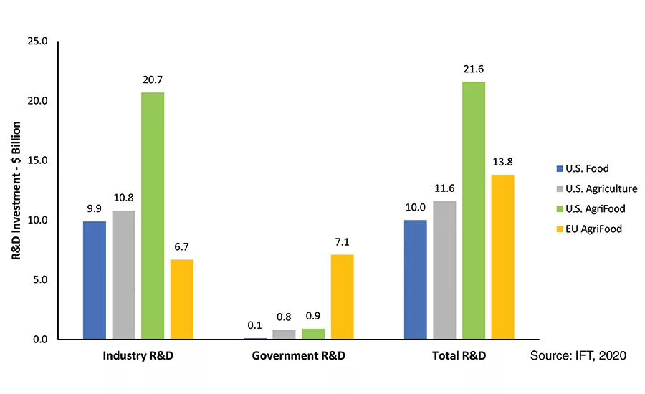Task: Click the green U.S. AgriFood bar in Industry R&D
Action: point(153,216)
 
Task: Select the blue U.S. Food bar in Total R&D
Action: point(416,279)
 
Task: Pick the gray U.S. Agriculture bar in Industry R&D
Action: point(123,274)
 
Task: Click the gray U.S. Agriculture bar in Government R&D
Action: point(284,335)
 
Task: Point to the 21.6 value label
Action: point(474,71)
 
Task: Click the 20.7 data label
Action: point(153,82)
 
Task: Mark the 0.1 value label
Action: point(254,326)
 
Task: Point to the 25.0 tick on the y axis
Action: point(35,41)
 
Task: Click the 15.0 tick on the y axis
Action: point(35,160)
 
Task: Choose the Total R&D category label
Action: point(459,356)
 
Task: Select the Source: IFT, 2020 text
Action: point(578,356)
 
